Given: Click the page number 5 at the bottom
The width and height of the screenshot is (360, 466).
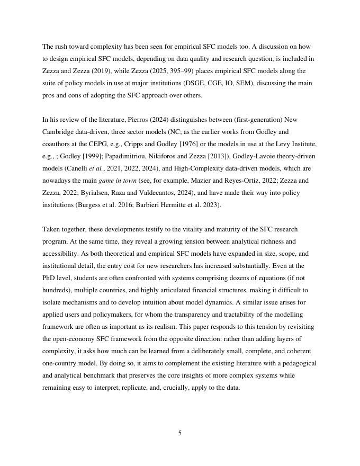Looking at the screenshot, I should (180, 433).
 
